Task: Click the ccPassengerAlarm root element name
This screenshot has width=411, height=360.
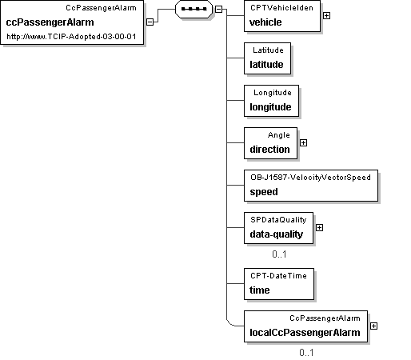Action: (50, 22)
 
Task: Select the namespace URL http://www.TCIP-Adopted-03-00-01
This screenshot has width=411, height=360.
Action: (71, 36)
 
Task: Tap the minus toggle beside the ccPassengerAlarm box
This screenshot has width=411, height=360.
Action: (150, 22)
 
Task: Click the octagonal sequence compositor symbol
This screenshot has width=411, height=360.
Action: (194, 9)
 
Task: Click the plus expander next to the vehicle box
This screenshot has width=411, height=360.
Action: (326, 16)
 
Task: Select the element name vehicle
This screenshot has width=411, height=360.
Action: (265, 22)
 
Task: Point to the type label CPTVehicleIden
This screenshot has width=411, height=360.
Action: (281, 8)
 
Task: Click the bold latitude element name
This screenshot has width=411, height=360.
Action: (266, 65)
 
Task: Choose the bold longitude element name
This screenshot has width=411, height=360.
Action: (270, 107)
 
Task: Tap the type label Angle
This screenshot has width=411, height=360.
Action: (279, 135)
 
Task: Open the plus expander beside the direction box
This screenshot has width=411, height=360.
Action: (303, 143)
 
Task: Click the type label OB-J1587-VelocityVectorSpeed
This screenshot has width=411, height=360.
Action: (310, 178)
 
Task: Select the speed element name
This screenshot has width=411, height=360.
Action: (264, 192)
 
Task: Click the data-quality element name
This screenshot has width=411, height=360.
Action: (277, 234)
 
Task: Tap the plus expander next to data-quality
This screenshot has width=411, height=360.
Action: (319, 228)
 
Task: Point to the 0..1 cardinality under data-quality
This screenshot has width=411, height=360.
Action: (279, 254)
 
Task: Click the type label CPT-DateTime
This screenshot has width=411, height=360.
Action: (278, 276)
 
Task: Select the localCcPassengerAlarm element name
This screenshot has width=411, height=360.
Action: (305, 333)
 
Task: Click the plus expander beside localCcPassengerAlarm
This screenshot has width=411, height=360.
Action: (373, 326)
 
